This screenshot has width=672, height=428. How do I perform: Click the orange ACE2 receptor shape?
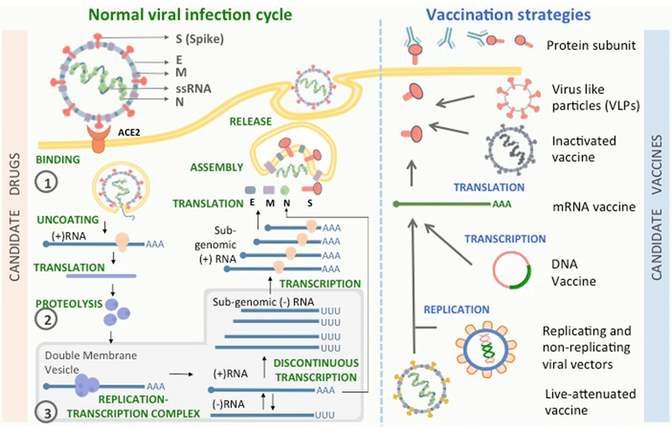(x=98, y=139)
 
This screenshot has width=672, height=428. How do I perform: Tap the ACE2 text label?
(x=129, y=132)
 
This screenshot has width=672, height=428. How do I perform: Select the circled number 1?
(x=46, y=183)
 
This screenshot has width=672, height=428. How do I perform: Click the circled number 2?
(x=46, y=319)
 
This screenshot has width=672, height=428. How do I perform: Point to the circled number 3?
(x=47, y=412)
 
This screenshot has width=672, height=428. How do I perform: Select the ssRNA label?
(x=193, y=88)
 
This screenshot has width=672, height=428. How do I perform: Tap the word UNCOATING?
(x=67, y=220)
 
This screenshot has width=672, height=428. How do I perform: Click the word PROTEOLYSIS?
(x=69, y=304)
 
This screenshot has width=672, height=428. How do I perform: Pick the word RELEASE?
(x=250, y=122)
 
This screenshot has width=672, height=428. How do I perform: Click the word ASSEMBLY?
(x=217, y=167)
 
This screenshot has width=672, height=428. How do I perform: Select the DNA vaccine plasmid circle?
(x=512, y=270)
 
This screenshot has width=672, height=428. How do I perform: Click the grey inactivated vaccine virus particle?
(x=510, y=150)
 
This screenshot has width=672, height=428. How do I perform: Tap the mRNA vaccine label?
(x=594, y=207)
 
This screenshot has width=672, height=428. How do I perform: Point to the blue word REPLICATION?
(x=457, y=310)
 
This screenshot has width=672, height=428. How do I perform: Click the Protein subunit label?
(x=591, y=46)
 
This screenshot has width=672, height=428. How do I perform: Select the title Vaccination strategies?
(x=508, y=15)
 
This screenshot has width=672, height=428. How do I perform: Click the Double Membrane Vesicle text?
(x=91, y=362)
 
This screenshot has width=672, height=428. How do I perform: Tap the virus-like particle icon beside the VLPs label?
(x=518, y=98)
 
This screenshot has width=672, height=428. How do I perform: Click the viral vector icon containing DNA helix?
(x=486, y=349)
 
